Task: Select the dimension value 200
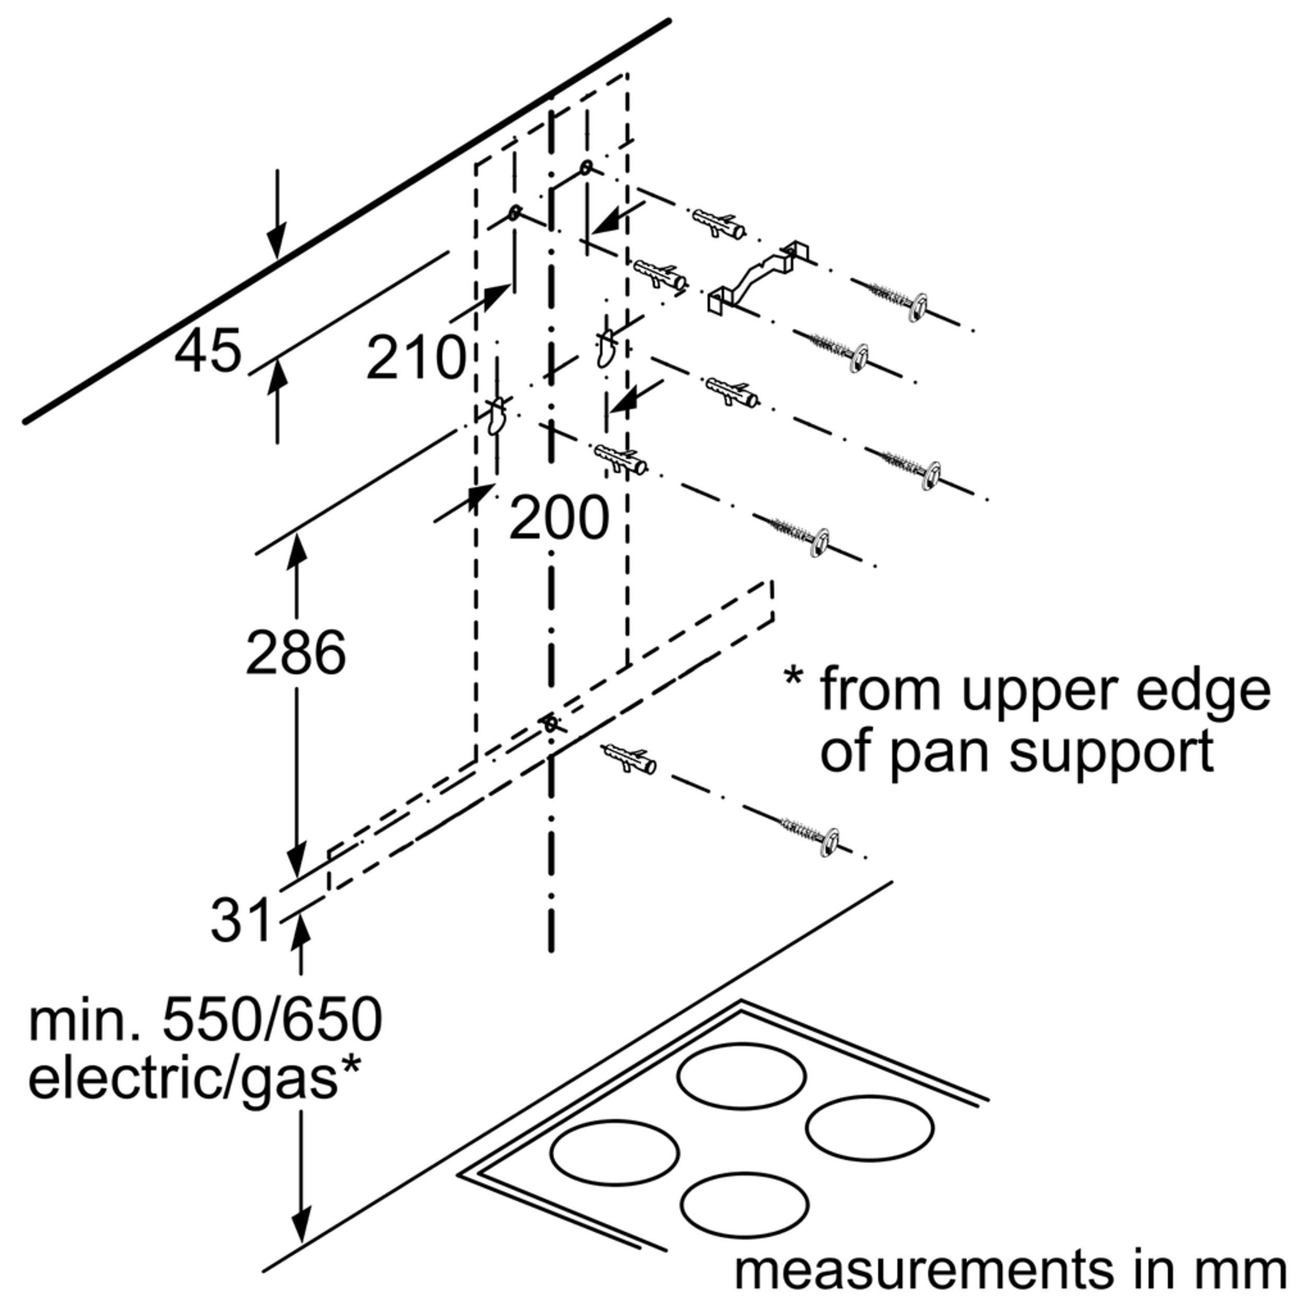click(559, 519)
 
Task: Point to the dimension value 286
click(295, 653)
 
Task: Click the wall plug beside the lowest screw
click(628, 759)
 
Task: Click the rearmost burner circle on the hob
click(742, 1075)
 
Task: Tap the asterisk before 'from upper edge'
click(794, 676)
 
